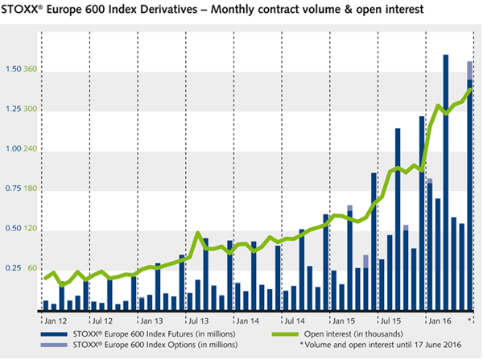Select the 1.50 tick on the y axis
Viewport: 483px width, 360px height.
pos(13,69)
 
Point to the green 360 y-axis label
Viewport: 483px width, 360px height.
pos(31,69)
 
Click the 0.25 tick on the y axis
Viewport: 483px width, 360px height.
pos(13,268)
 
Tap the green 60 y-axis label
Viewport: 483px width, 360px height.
pos(33,268)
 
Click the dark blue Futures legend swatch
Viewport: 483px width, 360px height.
pos(53,333)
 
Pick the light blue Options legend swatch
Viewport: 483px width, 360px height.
pos(53,345)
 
